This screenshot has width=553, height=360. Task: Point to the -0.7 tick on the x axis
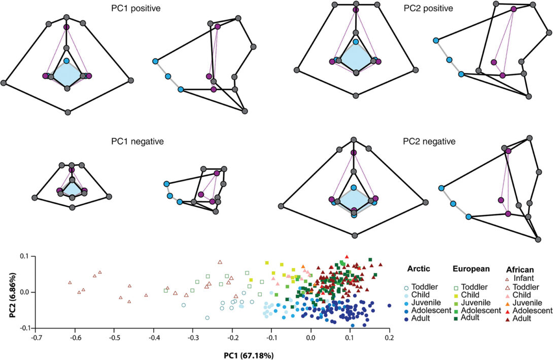(x=36, y=336)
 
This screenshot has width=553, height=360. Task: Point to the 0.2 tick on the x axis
(x=390, y=336)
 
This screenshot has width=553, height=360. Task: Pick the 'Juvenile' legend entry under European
(x=476, y=302)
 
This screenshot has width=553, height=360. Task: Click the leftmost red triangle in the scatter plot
(x=70, y=282)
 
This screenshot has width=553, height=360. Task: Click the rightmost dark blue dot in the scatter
(x=389, y=305)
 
